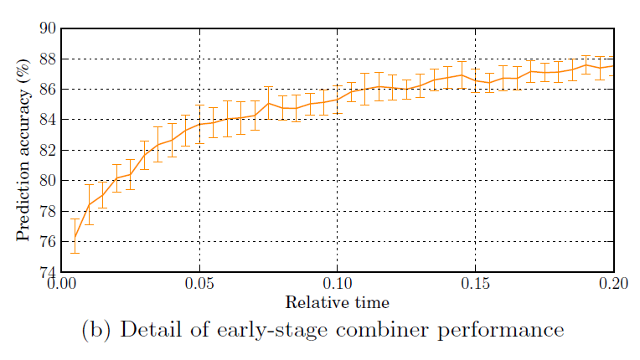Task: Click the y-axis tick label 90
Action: pos(48,28)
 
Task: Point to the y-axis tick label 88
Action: pos(48,59)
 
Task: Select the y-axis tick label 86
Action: pos(48,90)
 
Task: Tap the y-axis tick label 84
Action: pos(48,120)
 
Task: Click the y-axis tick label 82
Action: pos(48,151)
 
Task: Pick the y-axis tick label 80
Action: pos(48,181)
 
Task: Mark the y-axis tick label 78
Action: pos(48,211)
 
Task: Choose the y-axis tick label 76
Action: pos(48,242)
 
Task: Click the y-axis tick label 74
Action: pos(48,272)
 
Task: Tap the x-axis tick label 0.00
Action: pos(62,285)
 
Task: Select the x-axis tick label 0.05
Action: pos(199,285)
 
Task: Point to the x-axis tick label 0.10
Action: pos(338,285)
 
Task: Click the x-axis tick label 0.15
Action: pos(476,285)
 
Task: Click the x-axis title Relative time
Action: pos(337,302)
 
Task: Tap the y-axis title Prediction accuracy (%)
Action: pos(23,151)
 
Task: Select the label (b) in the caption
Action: pos(95,330)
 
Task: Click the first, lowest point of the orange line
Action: pos(75,239)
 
